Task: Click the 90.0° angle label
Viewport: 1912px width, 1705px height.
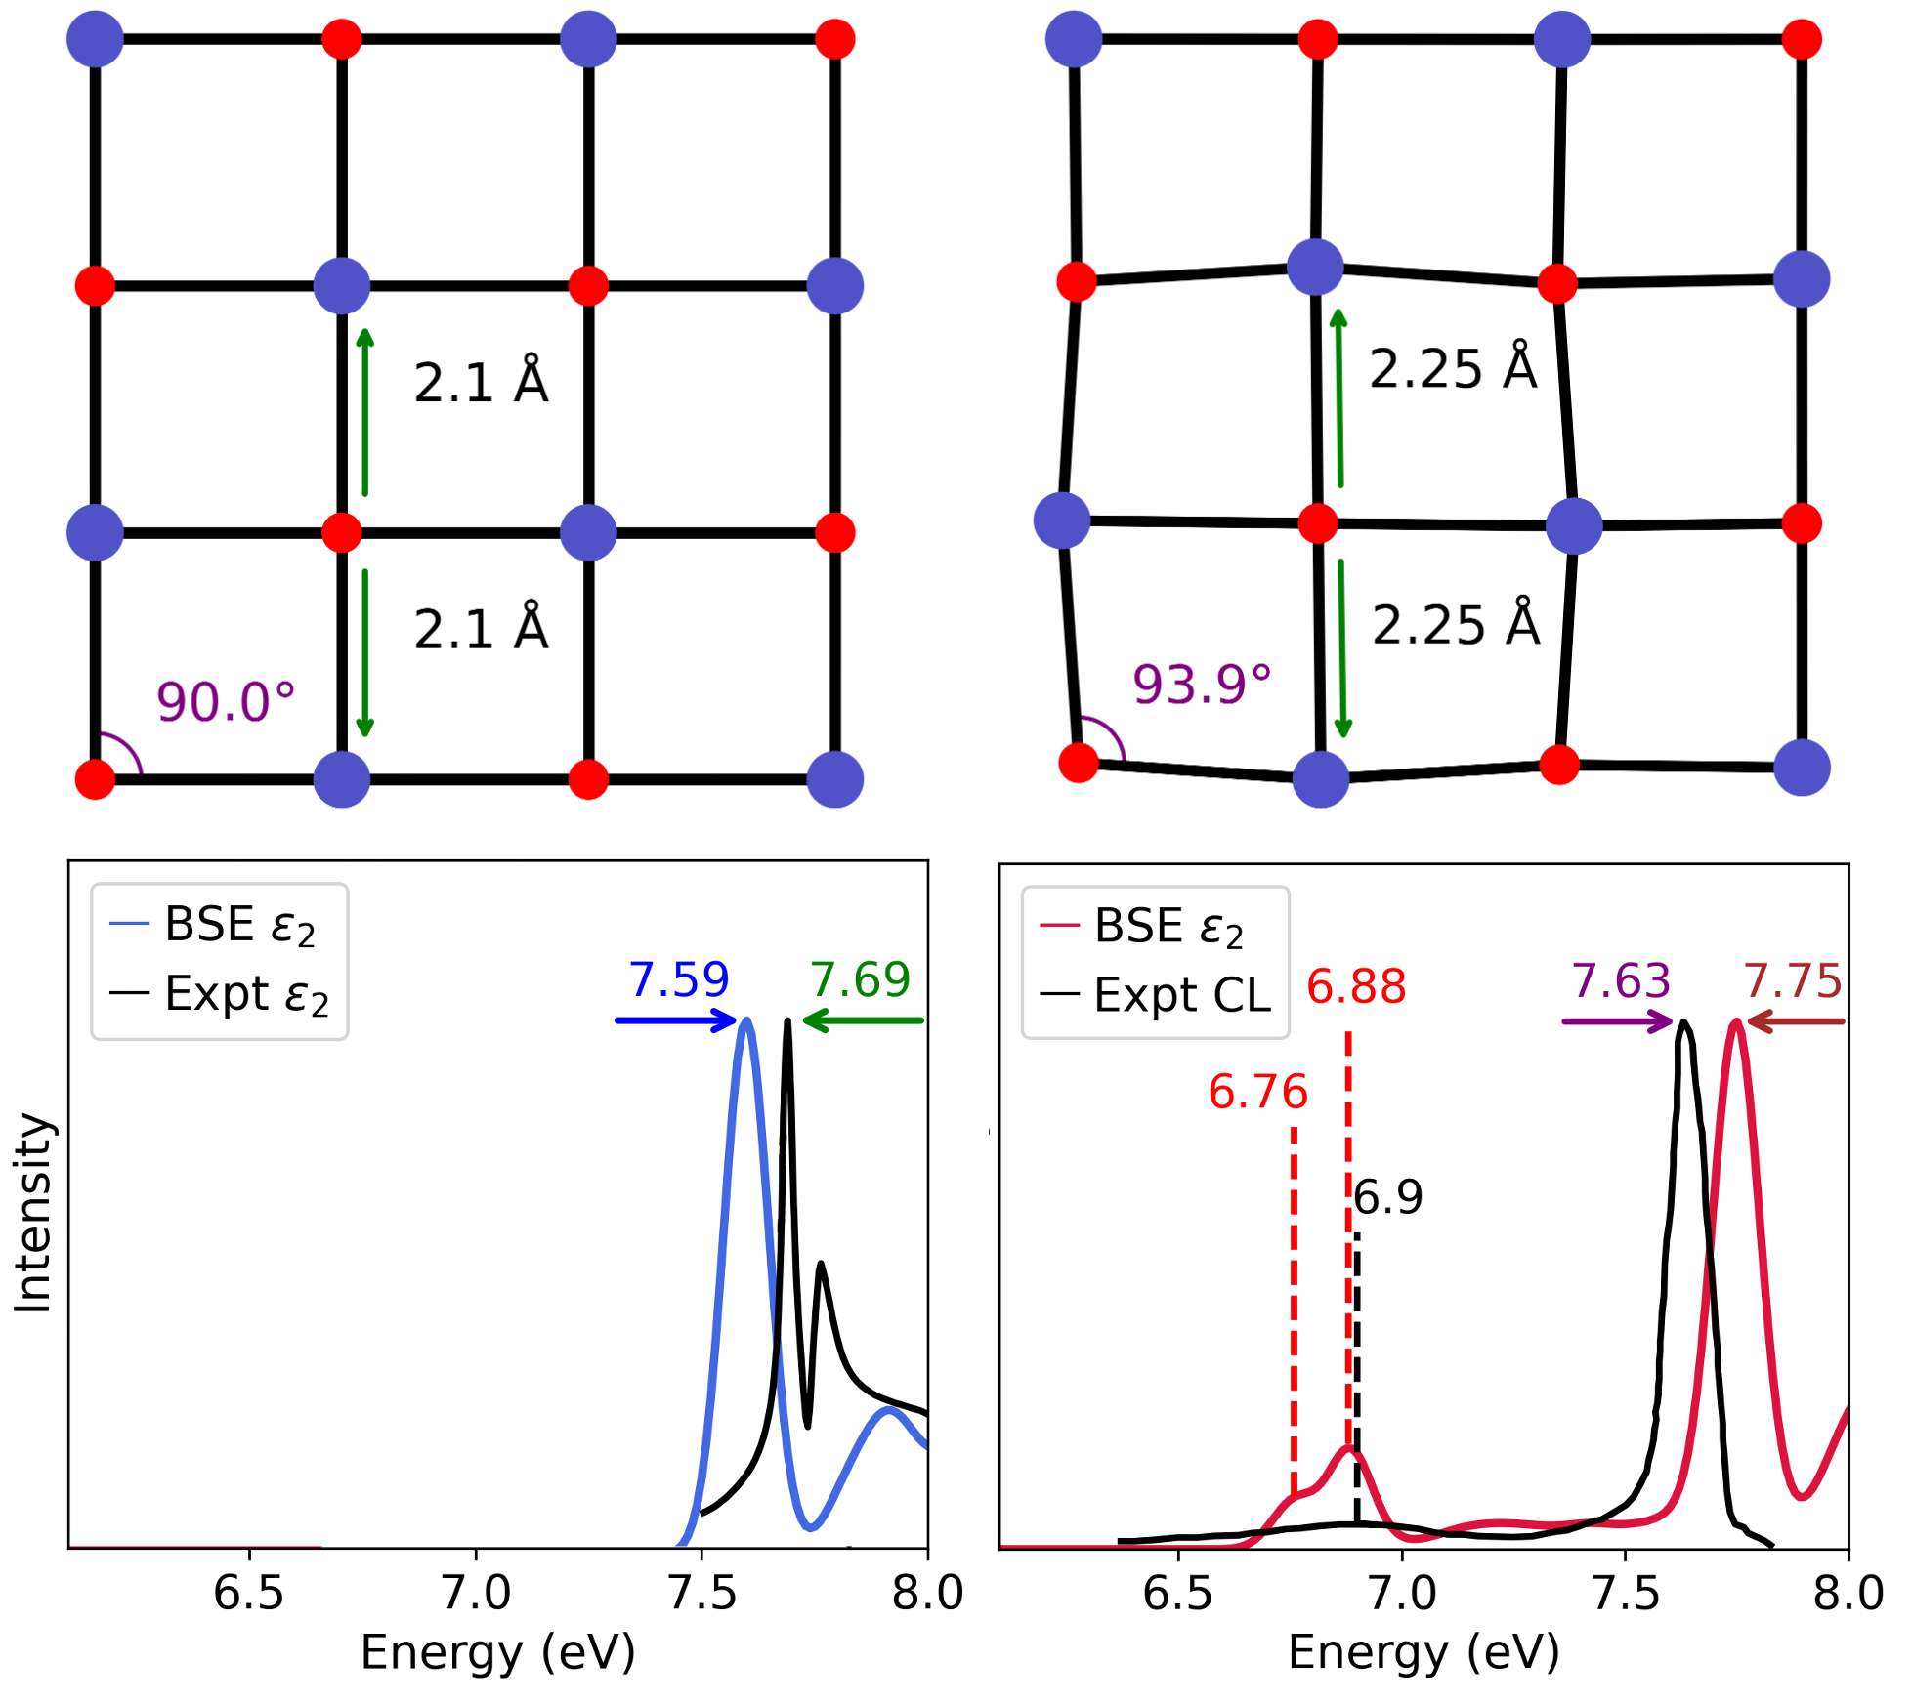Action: pos(226,702)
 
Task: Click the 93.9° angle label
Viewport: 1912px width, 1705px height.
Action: pos(1202,685)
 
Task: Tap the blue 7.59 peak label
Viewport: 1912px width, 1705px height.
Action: pos(678,979)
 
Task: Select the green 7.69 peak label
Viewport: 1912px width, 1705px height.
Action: pos(860,979)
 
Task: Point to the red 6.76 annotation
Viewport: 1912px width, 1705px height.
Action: pos(1257,1092)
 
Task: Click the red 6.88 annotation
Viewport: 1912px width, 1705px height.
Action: pos(1356,986)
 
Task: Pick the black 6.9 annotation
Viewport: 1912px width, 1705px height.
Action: pos(1388,1197)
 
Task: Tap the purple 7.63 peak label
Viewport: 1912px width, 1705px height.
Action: pos(1621,980)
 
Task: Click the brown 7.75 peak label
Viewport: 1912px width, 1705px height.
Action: pos(1793,980)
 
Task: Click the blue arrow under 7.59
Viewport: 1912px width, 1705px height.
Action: pos(675,1020)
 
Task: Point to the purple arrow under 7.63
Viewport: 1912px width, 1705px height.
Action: pos(1617,1021)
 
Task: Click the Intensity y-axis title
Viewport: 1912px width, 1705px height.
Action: pos(33,1212)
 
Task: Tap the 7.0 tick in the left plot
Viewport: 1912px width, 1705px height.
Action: pos(476,1593)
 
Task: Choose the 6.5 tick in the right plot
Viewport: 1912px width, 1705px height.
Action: pos(1177,1593)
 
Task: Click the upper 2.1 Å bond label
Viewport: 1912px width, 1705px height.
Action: pos(481,382)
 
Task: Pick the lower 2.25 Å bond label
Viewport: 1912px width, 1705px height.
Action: pos(1456,625)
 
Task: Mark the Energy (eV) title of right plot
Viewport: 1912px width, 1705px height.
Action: pos(1423,1652)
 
